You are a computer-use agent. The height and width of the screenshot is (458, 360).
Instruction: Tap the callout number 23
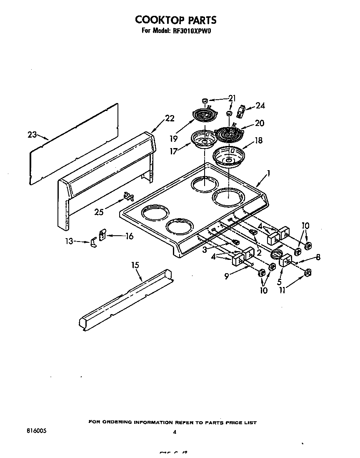[x=32, y=134]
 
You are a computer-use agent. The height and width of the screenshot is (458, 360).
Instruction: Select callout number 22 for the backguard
[x=169, y=118]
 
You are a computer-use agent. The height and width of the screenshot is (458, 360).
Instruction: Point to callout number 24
[x=260, y=106]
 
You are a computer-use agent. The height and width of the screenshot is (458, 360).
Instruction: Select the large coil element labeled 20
[x=227, y=134]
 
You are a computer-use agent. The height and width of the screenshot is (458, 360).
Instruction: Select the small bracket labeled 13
[x=93, y=242]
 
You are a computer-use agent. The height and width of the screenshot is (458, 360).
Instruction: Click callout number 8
[x=318, y=257]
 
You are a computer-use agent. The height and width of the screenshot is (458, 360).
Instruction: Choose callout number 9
[x=227, y=275]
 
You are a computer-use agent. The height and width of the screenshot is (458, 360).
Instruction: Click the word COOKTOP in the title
[x=154, y=20]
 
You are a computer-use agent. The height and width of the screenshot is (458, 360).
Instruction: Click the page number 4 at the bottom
[x=175, y=432]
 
